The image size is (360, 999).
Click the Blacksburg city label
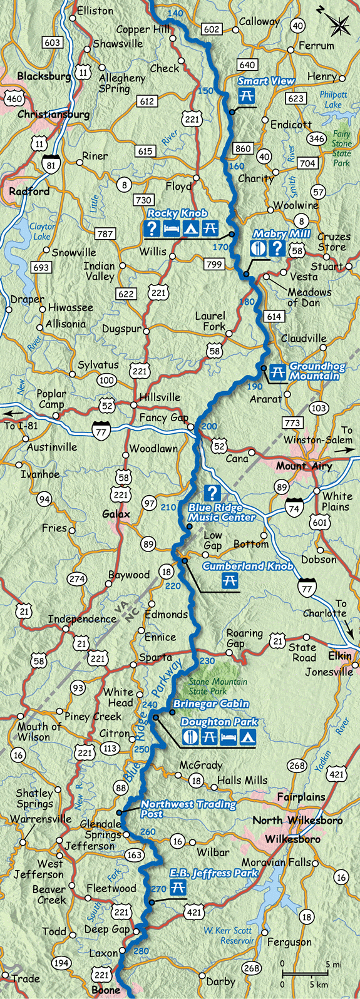(x=44, y=76)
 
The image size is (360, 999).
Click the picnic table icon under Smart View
(x=246, y=96)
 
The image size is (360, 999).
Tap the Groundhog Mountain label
(x=314, y=371)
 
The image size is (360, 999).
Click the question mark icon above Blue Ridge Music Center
(x=213, y=493)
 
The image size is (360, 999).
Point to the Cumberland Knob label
(x=247, y=566)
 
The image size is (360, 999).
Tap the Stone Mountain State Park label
(x=218, y=686)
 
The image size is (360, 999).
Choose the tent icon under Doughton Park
(x=249, y=737)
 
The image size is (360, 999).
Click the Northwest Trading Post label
(x=188, y=809)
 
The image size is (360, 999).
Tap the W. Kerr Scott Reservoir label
(x=229, y=935)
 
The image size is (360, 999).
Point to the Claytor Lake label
(x=42, y=232)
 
